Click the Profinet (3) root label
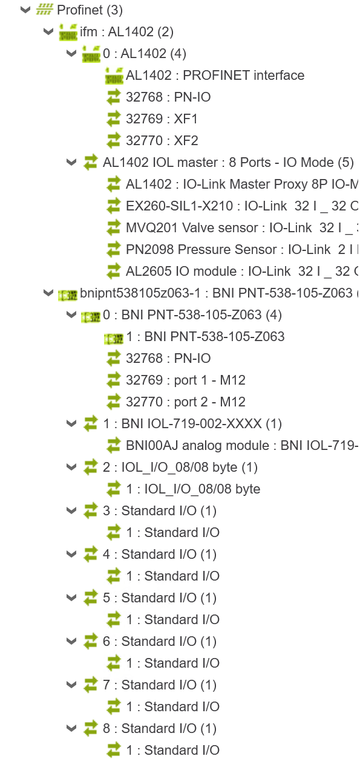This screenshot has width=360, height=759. point(90,10)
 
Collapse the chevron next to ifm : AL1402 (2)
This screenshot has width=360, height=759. point(48,32)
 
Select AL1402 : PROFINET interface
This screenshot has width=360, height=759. point(215,75)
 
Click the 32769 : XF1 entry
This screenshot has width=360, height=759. point(162,119)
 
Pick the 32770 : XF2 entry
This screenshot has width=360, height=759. point(162,141)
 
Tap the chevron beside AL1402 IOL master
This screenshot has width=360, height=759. point(71,162)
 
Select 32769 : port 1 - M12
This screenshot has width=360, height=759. point(185,380)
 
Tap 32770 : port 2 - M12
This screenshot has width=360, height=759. point(185,402)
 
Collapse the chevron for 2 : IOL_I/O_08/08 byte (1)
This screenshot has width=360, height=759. point(71,467)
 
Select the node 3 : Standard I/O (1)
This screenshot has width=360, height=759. point(160,510)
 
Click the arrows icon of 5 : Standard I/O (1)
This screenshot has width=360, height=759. point(91,598)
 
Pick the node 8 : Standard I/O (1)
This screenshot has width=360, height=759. point(160,728)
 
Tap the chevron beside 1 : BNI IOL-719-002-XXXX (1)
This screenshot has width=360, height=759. point(71,423)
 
